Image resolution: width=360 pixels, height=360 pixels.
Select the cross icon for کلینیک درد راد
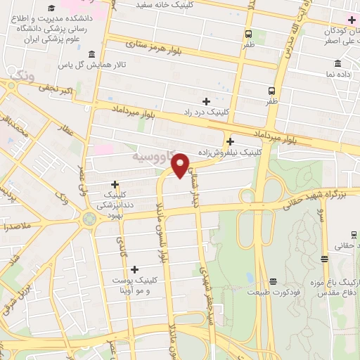[206, 102]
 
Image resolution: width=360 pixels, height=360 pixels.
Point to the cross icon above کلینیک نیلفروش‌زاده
[230, 141]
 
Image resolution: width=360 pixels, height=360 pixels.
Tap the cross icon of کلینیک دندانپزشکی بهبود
[115, 184]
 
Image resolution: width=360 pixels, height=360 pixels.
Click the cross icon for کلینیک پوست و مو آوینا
[134, 269]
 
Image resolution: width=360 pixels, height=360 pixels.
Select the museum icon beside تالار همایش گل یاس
[91, 55]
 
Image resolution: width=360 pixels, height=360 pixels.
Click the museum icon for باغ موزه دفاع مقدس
[324, 259]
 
